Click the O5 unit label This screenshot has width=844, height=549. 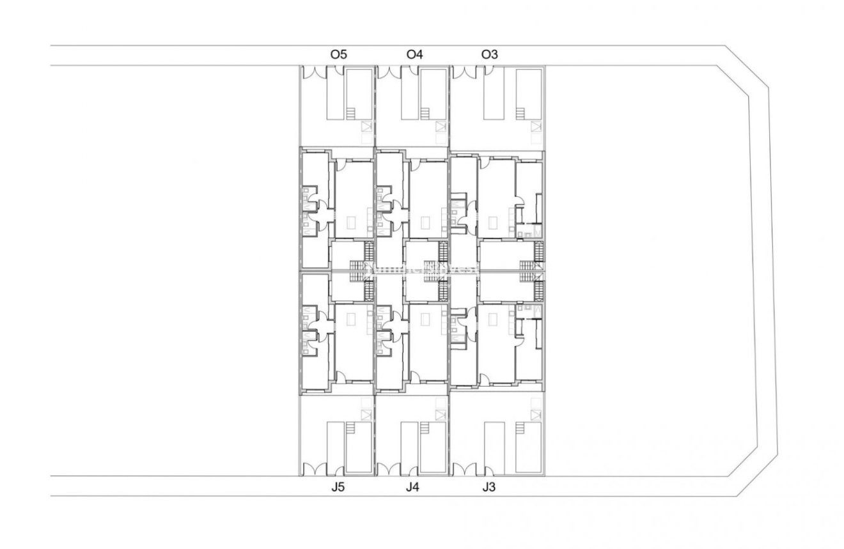click(x=338, y=55)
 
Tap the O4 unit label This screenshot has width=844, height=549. click(x=414, y=55)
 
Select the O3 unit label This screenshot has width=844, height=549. click(x=489, y=55)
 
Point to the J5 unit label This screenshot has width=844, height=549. click(x=338, y=488)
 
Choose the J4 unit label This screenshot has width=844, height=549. click(x=412, y=488)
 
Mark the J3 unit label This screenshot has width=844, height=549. click(x=489, y=488)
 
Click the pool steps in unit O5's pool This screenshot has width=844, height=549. click(x=350, y=114)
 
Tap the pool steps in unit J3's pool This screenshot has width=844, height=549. click(x=519, y=428)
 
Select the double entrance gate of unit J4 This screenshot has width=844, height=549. click(x=388, y=470)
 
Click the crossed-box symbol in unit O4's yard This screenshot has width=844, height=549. click(x=440, y=127)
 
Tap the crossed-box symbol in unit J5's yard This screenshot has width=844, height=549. click(x=366, y=415)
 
